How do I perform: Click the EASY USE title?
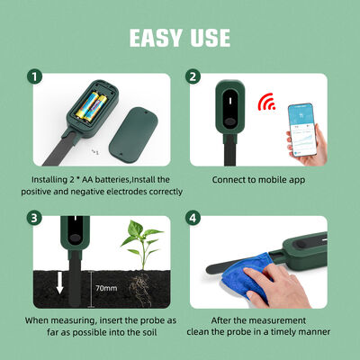180,37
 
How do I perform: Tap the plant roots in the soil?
137,285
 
